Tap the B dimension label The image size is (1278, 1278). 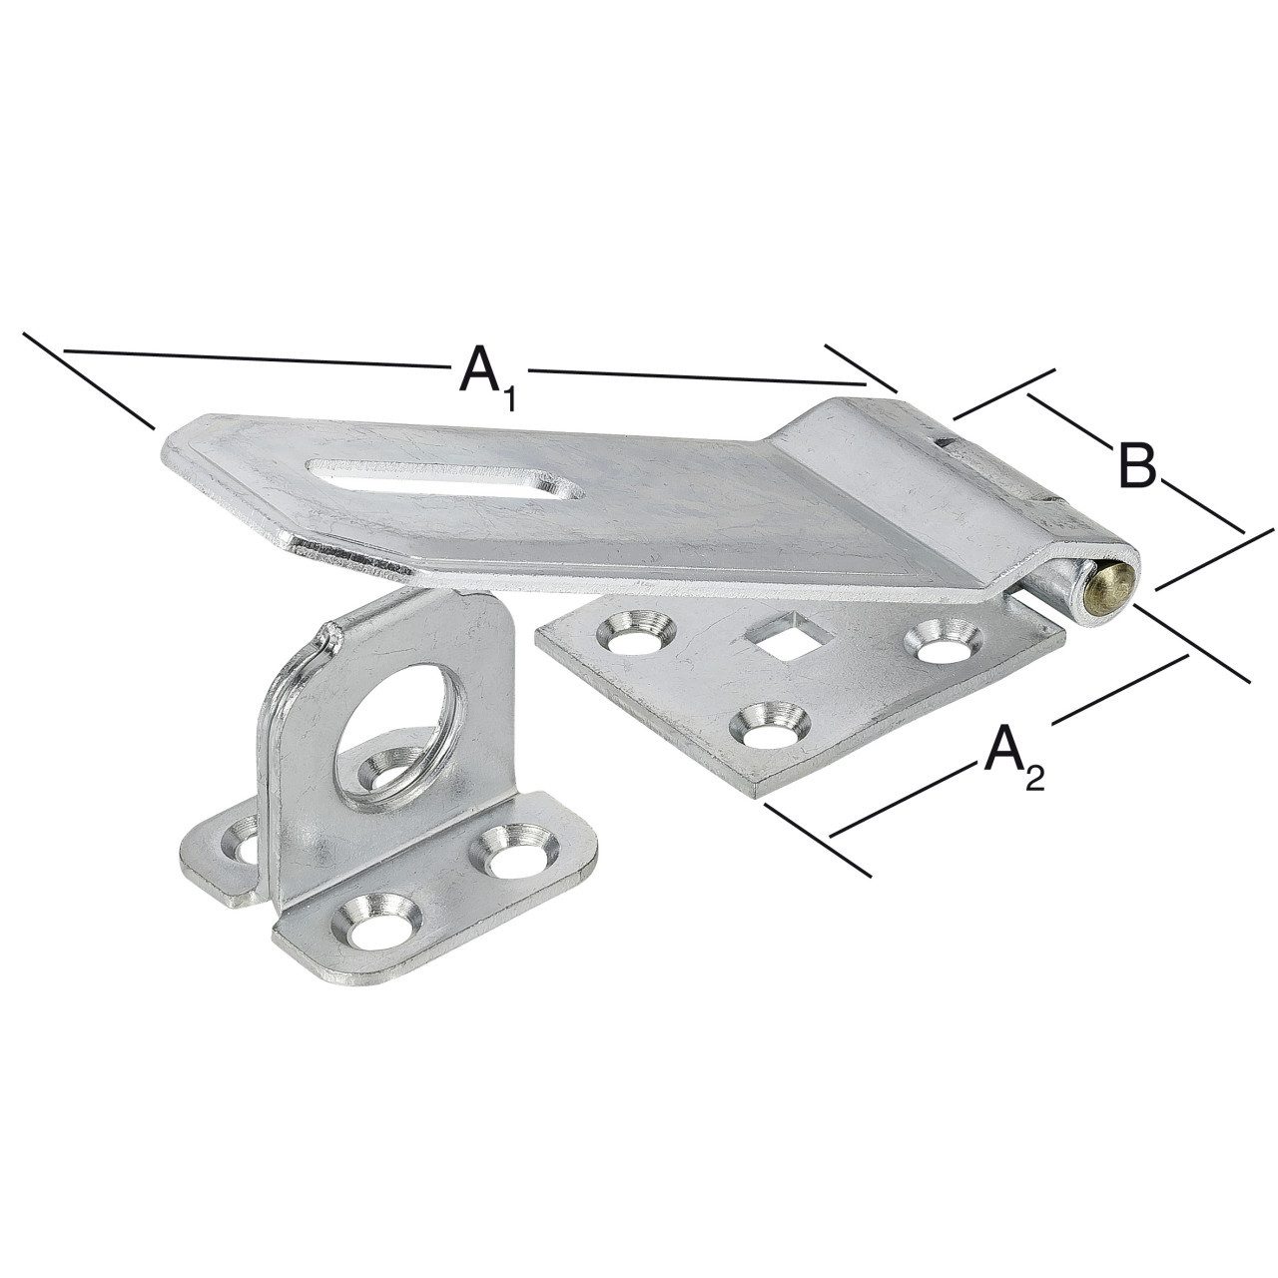pyautogui.click(x=1137, y=467)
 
